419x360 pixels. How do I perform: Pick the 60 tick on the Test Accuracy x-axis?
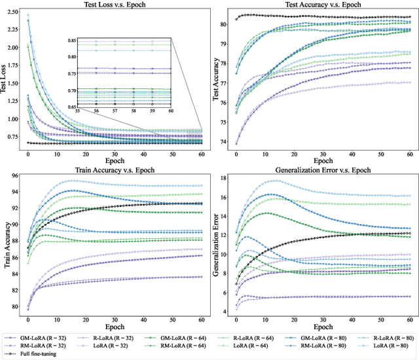coord(408,151)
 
